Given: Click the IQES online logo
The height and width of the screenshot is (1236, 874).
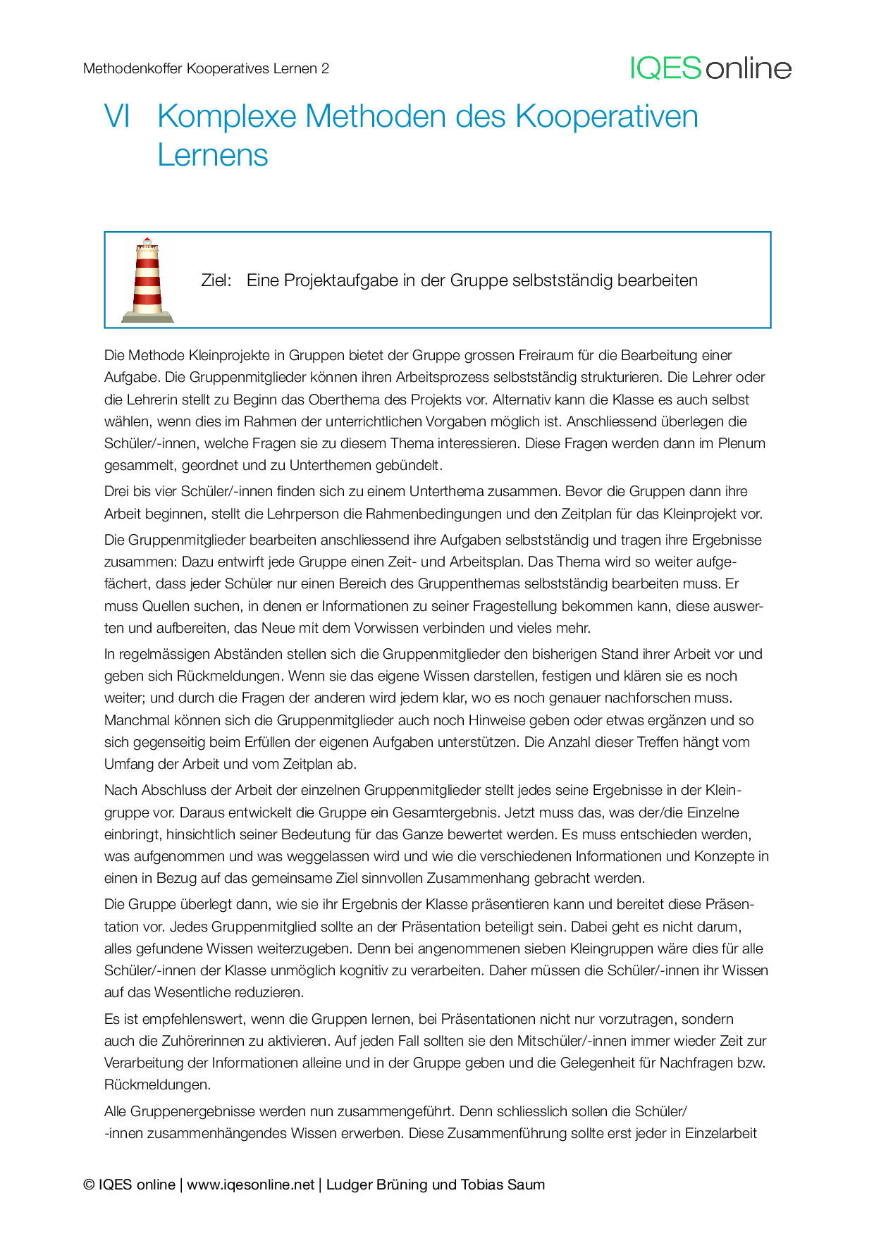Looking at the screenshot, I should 710,68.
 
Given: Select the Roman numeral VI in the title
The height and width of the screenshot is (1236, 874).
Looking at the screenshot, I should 117,116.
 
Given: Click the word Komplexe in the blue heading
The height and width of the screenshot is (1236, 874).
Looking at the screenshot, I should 226,116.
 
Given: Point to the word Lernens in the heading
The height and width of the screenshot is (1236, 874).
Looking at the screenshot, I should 213,155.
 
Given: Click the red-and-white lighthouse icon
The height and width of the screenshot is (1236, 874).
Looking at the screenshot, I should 147,280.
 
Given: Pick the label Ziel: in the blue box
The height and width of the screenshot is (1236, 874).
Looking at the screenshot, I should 216,280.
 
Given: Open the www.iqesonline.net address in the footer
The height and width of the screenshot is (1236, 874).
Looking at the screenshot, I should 250,1185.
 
